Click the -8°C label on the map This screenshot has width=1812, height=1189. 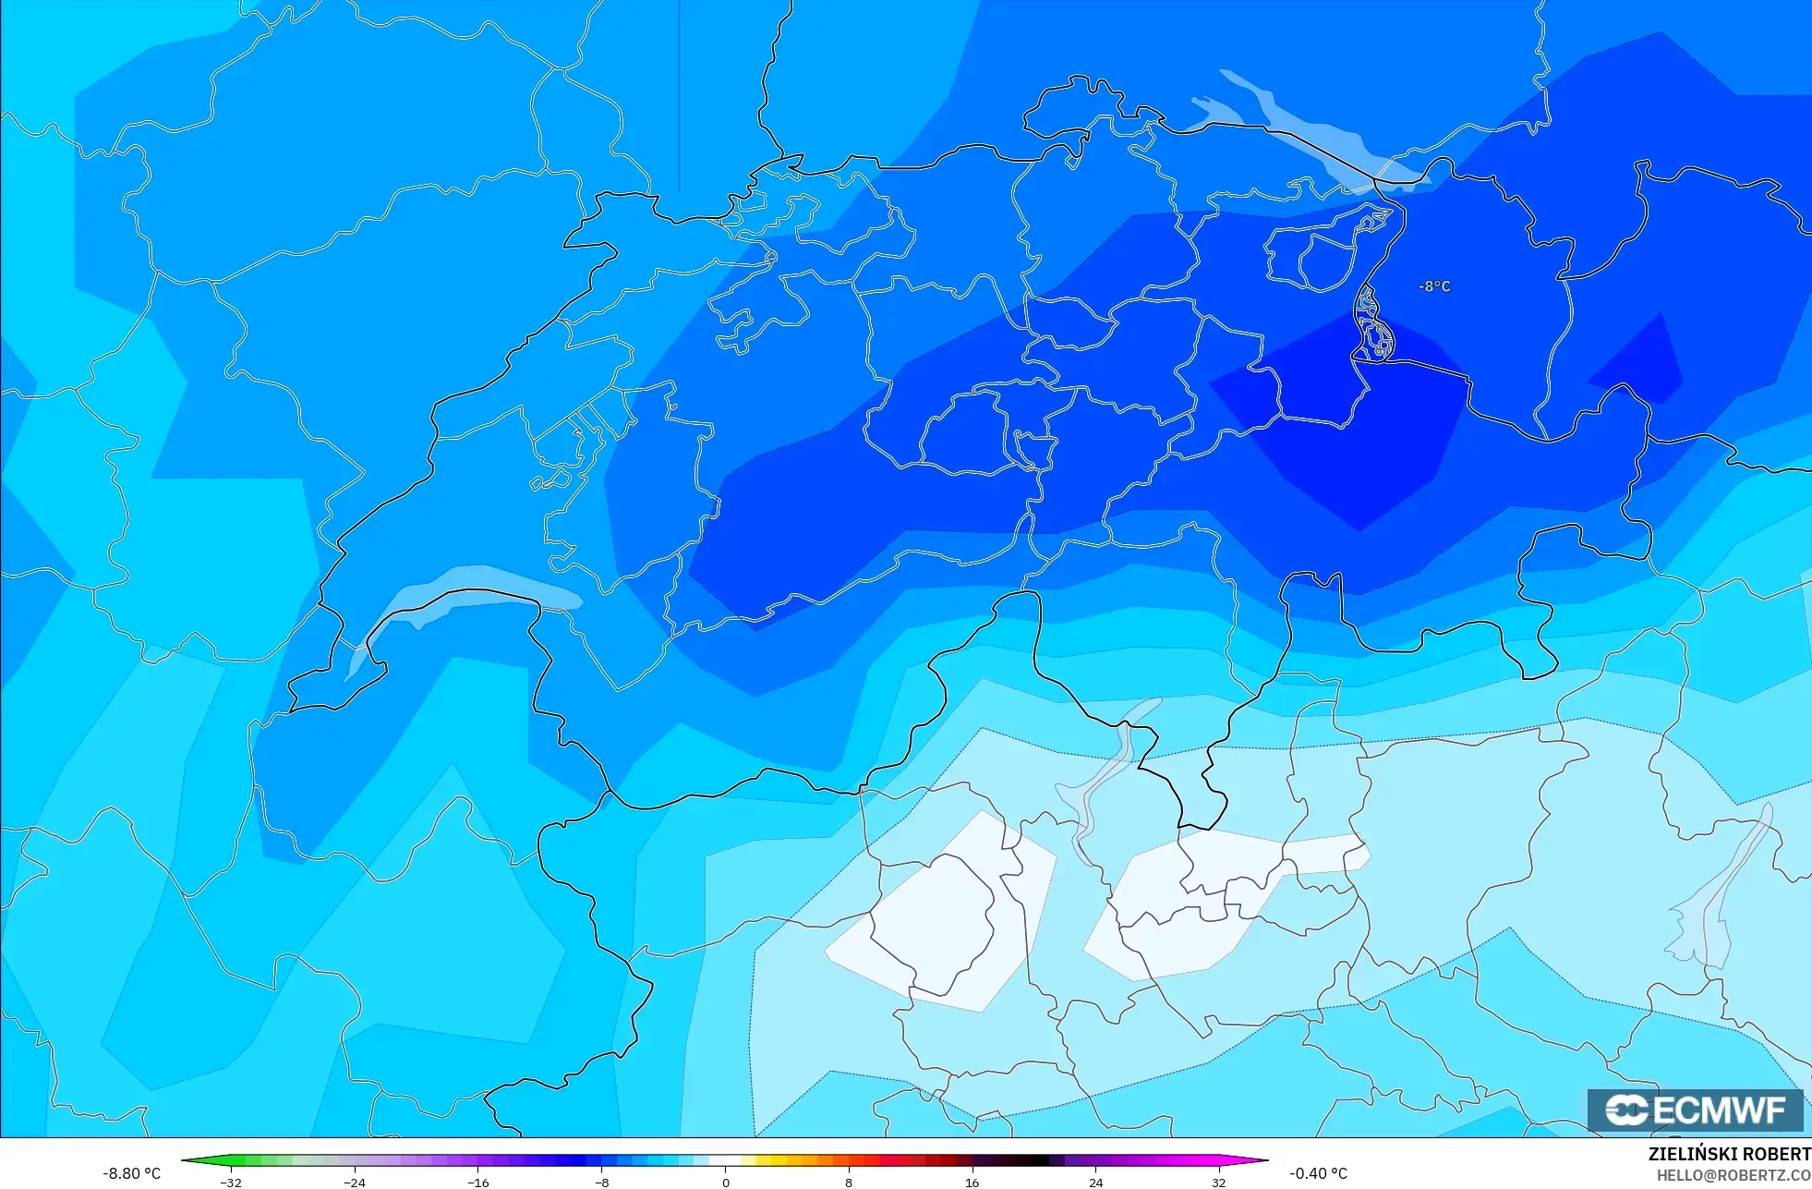click(1434, 286)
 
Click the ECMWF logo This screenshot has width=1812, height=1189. click(1695, 1110)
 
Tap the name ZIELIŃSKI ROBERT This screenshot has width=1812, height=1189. click(1729, 1154)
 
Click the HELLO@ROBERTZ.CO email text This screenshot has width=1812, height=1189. click(1733, 1175)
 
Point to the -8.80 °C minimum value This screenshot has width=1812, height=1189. click(131, 1173)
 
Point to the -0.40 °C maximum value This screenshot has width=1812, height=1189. click(1318, 1173)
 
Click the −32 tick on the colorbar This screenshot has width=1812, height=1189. click(231, 1182)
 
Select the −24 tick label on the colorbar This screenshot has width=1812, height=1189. click(355, 1182)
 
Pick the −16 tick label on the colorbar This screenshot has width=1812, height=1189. click(478, 1182)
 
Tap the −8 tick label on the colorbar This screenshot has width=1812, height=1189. click(601, 1182)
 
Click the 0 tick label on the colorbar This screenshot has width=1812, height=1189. click(725, 1182)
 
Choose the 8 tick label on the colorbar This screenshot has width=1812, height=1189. click(848, 1182)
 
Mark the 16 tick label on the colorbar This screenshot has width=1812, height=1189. click(972, 1182)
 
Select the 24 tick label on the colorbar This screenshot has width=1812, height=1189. click(1095, 1182)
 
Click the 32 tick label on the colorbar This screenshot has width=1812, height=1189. click(1218, 1182)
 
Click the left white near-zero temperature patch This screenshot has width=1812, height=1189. click(942, 915)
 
